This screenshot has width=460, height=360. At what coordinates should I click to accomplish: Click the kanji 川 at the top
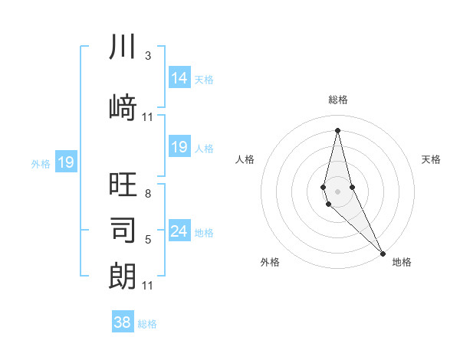[123, 47]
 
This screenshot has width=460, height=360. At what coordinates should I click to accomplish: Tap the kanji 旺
[123, 183]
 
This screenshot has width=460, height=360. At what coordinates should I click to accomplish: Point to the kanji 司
[123, 229]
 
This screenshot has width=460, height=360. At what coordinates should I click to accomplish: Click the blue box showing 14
[179, 78]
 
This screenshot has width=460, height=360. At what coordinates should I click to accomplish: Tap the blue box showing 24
[179, 231]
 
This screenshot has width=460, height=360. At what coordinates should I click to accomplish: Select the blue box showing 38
[123, 322]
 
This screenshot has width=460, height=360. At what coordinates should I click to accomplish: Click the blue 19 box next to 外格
[65, 162]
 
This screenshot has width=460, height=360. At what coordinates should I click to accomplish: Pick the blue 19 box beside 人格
[179, 147]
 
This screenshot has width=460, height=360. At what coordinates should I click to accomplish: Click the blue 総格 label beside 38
[147, 324]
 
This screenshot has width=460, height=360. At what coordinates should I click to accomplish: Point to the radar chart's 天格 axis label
[431, 159]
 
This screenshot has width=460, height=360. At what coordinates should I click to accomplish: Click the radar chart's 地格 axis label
[402, 263]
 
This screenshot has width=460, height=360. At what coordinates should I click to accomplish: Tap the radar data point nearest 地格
[383, 253]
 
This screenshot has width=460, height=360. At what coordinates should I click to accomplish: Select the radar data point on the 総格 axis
[337, 129]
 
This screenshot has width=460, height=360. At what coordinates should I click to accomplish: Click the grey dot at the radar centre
[337, 191]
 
